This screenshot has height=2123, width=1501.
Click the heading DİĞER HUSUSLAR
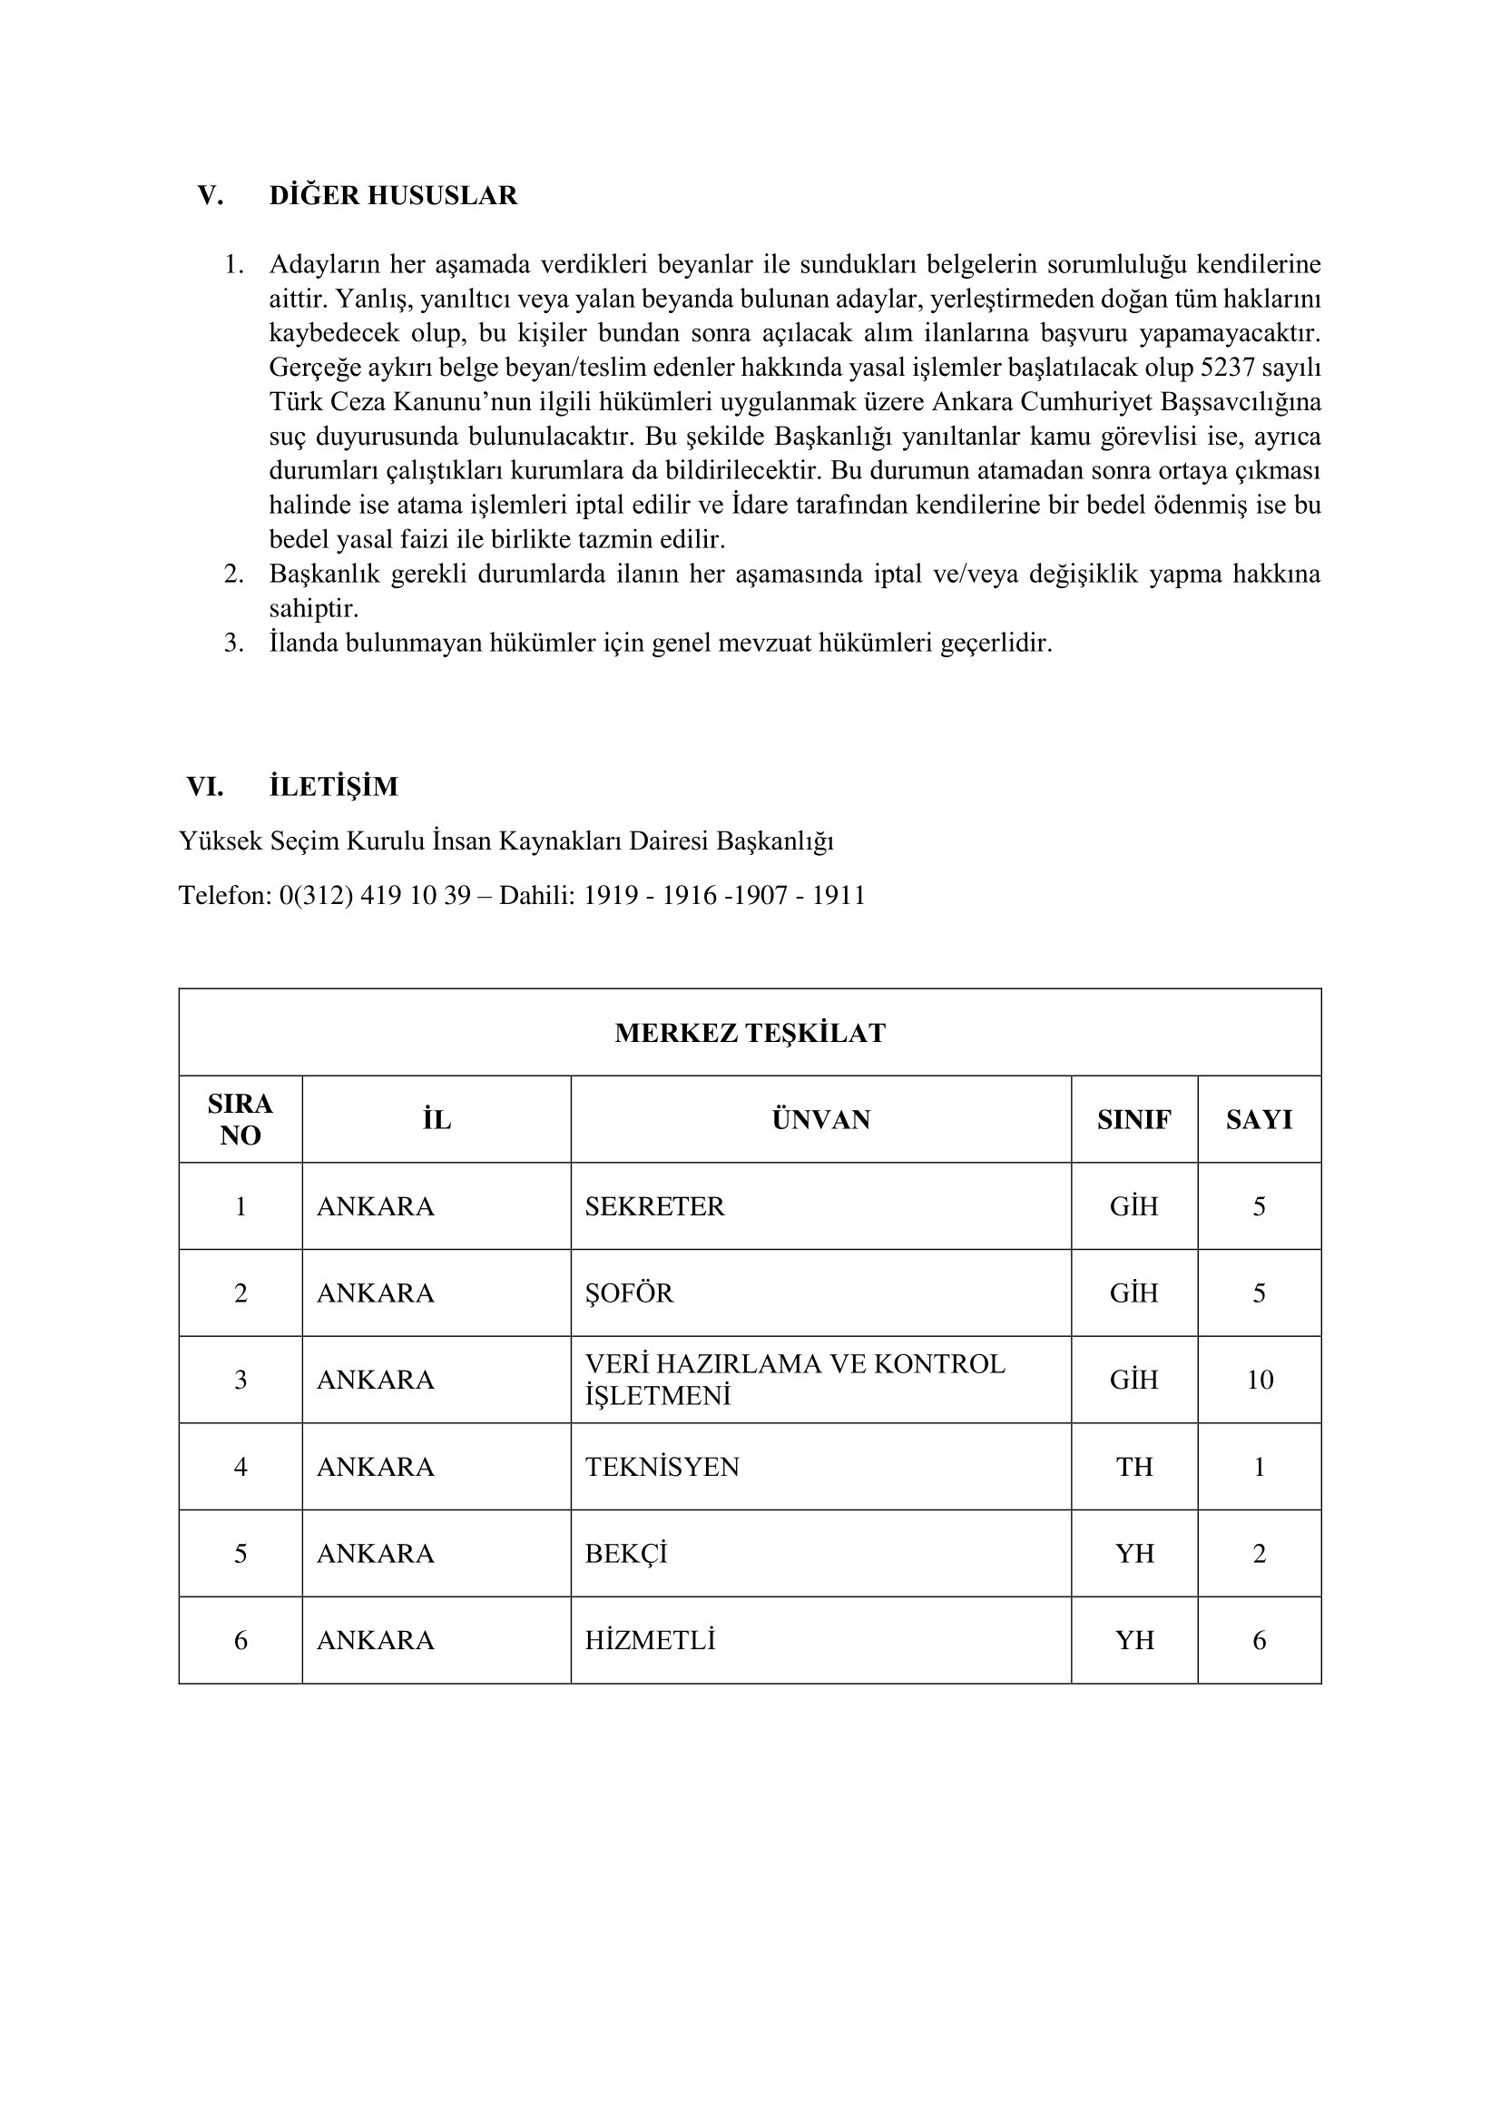(393, 196)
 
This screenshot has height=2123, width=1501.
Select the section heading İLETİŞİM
(334, 787)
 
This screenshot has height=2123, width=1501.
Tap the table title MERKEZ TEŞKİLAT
(750, 1033)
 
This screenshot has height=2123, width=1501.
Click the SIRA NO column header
(240, 1120)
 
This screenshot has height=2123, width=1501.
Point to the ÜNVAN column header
(820, 1120)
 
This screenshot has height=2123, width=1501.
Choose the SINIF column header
(1134, 1120)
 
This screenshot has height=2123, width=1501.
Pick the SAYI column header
(1259, 1120)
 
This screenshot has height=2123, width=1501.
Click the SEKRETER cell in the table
(654, 1206)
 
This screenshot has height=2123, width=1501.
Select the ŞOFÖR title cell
(630, 1292)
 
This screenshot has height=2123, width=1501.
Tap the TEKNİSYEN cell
(662, 1468)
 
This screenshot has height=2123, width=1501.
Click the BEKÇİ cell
(626, 1553)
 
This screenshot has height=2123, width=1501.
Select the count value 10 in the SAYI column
(1260, 1380)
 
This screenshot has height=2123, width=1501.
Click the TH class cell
(1134, 1468)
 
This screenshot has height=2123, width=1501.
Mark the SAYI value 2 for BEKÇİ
(1259, 1553)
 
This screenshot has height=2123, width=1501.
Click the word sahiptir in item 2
(313, 609)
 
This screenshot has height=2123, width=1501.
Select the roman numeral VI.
(205, 787)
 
